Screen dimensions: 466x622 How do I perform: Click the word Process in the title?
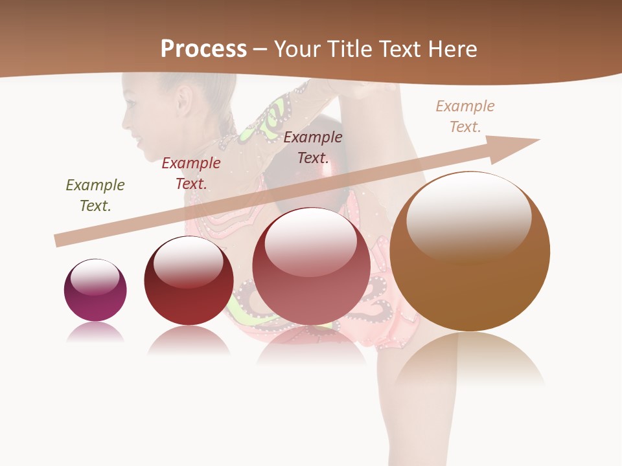click(203, 49)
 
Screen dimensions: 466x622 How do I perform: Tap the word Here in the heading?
click(452, 49)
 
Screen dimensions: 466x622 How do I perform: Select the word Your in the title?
click(297, 49)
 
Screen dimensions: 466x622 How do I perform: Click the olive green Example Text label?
click(95, 195)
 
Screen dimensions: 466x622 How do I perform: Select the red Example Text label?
click(191, 173)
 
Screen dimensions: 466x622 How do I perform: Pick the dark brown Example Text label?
click(313, 147)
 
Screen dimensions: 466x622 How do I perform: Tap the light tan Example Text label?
click(465, 116)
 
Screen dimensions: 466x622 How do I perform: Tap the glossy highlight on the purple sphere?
click(95, 277)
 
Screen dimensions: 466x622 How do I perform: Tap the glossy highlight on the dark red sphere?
click(188, 260)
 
